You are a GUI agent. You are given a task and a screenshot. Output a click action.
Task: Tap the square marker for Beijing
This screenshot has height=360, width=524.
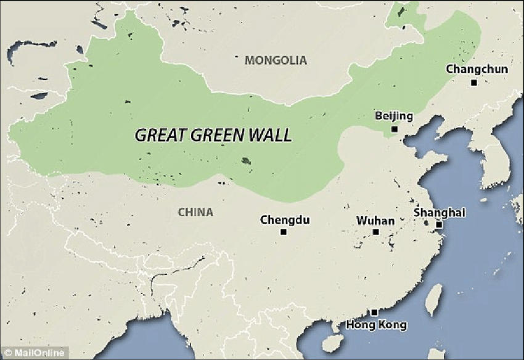click(x=395, y=129)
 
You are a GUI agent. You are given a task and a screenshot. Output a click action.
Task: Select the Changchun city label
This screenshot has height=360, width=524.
click(x=477, y=69)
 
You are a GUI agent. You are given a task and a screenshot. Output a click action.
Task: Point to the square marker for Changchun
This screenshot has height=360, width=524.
click(x=473, y=83)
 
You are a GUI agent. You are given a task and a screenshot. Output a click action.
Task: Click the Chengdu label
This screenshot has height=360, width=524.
click(x=284, y=219)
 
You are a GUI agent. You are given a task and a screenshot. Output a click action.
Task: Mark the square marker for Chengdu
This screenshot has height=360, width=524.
click(x=284, y=232)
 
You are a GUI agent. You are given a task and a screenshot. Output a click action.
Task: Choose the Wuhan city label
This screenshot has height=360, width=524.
click(x=375, y=219)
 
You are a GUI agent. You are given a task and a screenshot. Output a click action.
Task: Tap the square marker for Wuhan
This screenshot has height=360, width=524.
click(x=375, y=232)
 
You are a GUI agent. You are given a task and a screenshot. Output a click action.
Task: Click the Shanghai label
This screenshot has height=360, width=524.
click(x=440, y=212)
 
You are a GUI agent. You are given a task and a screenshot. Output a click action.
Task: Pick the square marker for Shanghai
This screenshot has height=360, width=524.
click(x=439, y=225)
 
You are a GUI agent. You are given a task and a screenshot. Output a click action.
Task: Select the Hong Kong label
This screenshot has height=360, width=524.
click(x=376, y=325)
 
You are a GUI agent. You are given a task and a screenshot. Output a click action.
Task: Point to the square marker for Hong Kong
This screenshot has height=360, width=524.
click(x=374, y=313)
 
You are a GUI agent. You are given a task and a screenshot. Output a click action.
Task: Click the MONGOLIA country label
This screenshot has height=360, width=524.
click(x=276, y=60)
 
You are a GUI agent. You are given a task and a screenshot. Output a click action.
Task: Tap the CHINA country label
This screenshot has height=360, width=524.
click(x=195, y=212)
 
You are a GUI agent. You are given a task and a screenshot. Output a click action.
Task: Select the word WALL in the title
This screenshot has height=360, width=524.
click(x=271, y=135)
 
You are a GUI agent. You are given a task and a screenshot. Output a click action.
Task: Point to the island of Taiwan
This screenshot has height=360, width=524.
click(x=435, y=300)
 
